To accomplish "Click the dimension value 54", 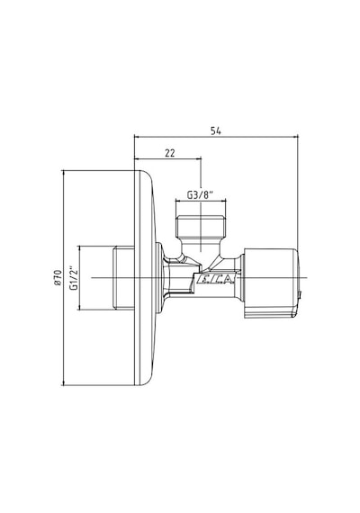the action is tap(216, 130).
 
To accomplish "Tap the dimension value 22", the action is tap(170, 153).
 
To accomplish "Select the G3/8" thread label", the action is tap(200, 195).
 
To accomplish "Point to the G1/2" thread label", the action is tap(75, 279).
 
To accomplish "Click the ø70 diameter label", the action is tap(58, 278).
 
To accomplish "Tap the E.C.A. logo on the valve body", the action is tap(216, 279).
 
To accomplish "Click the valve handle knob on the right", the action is tap(270, 283).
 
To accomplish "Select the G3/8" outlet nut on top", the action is tap(201, 227).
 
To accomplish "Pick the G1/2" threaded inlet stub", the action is tap(123, 278).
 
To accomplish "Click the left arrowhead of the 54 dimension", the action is tap(137, 138).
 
